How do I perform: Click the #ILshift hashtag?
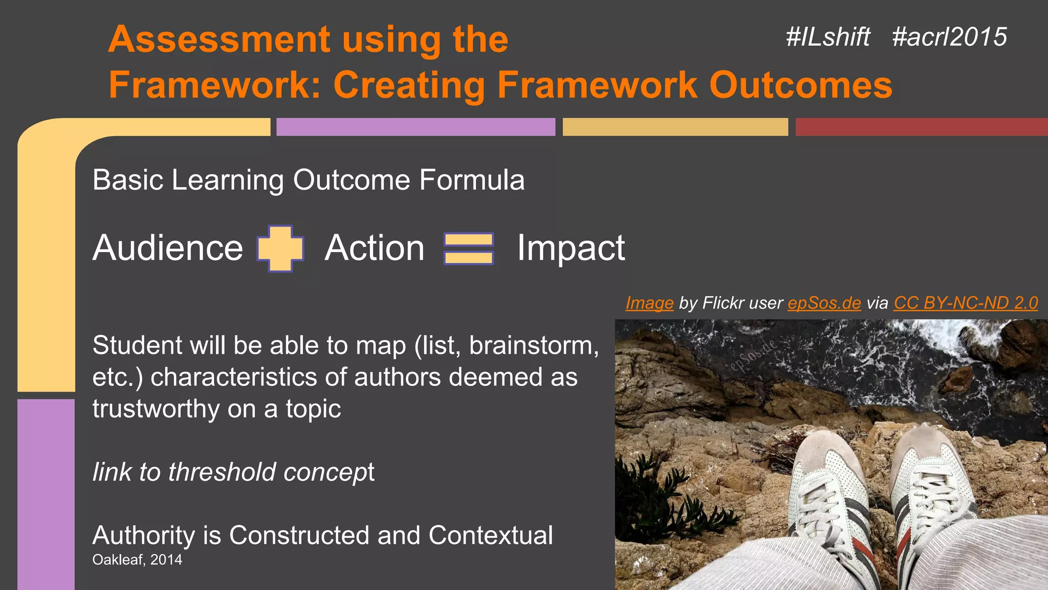tap(828, 37)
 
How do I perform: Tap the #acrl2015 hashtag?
tap(949, 37)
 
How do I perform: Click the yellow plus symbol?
tap(280, 248)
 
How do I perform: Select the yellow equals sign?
tap(469, 248)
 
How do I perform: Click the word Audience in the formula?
tap(168, 248)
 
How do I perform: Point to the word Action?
tap(375, 248)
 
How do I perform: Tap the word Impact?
tap(571, 248)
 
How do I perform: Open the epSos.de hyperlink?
tap(824, 303)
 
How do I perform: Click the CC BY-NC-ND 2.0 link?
tap(966, 303)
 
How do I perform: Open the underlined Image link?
tap(649, 303)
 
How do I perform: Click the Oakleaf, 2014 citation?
tap(137, 560)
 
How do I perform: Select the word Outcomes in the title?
tap(800, 85)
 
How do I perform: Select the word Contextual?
tap(490, 536)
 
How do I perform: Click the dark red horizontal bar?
tap(921, 127)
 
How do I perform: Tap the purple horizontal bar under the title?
tap(416, 127)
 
